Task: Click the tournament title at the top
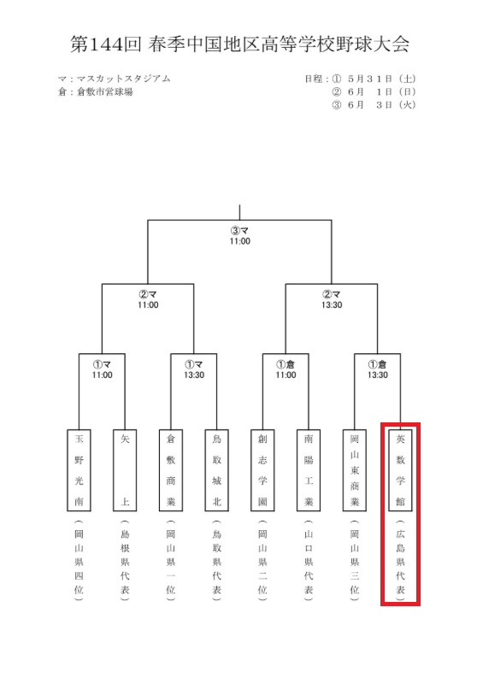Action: coord(239,44)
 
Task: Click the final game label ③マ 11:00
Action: coord(240,236)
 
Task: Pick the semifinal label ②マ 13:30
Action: coord(332,300)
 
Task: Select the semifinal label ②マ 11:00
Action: coord(148,300)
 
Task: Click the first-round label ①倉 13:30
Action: coord(378,369)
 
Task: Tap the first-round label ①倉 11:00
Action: coord(286,369)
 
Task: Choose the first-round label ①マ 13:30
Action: coord(194,369)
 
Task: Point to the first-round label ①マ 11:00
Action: coord(102,369)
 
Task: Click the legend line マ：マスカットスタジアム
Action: coord(115,79)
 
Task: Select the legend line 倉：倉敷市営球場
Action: coord(96,92)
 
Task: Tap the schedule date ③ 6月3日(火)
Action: coord(374,105)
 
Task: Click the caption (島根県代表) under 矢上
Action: coord(125,561)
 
